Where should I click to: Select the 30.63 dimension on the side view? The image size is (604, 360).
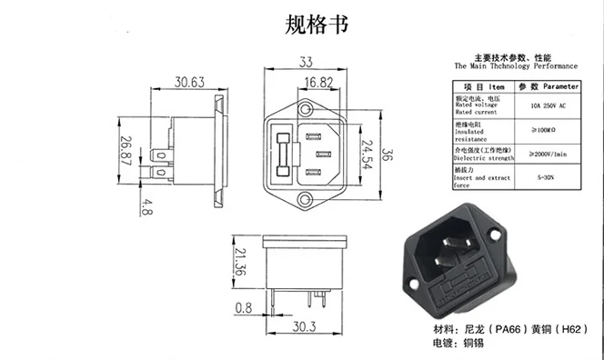point(189,82)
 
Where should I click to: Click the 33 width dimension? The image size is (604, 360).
point(305,63)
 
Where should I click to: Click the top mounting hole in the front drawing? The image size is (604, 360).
point(306,107)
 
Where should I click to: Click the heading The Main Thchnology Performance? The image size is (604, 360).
point(515,67)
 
